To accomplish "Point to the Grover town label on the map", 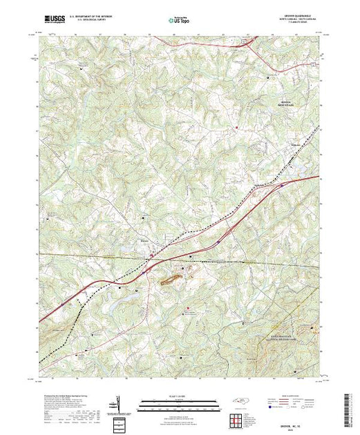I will (145, 240).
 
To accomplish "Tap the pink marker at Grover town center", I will (153, 257).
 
